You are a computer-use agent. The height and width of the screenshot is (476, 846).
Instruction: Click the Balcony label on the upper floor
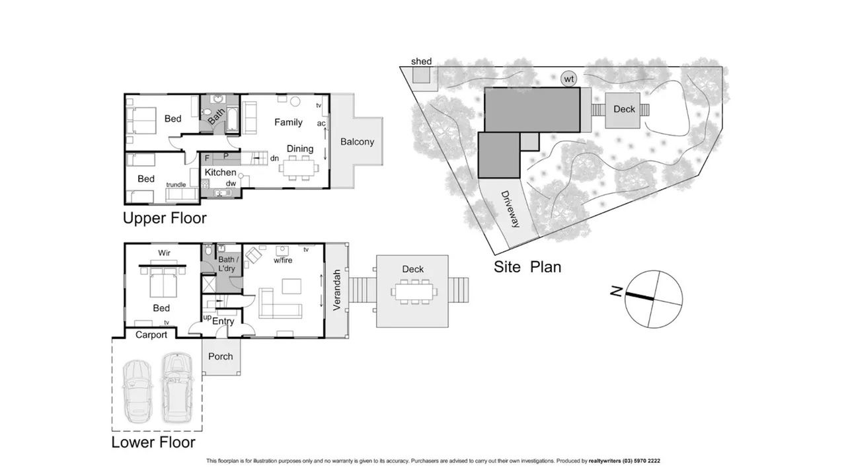tap(357, 141)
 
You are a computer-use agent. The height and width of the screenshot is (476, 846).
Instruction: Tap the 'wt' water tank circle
tap(568, 79)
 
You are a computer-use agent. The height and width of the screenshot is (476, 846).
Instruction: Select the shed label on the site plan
tap(421, 61)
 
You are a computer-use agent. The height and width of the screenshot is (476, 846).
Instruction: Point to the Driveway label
tap(511, 210)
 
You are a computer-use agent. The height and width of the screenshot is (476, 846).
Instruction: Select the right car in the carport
tap(176, 388)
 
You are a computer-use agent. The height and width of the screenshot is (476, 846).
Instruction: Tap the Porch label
tap(220, 356)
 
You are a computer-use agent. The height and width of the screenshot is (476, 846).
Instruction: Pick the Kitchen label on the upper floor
tap(220, 173)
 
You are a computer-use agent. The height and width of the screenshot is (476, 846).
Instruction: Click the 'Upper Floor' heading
tap(165, 218)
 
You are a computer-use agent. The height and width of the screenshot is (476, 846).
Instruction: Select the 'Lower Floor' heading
tap(153, 442)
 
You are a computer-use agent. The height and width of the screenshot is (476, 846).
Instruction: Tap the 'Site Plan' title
tap(527, 267)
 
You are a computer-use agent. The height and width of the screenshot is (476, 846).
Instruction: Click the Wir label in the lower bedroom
tap(164, 253)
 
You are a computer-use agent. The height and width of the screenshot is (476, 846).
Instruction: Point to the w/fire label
tap(282, 260)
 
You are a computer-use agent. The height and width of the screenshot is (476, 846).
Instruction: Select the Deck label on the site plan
tap(624, 109)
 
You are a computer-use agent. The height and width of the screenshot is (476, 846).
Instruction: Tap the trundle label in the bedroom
tap(176, 184)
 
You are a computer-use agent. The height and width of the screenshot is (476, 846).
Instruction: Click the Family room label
tap(288, 122)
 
